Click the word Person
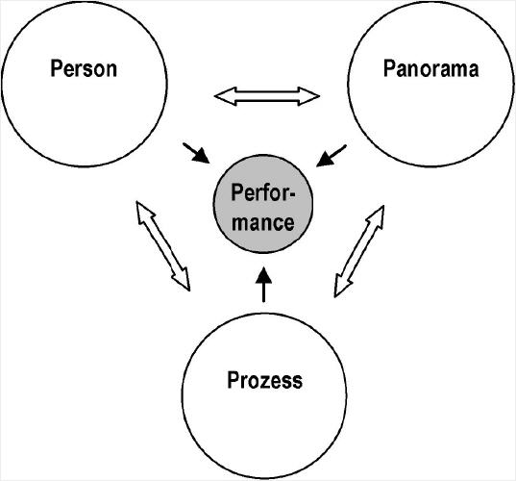click(x=84, y=68)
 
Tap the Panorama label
click(x=430, y=69)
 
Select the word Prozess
click(x=264, y=380)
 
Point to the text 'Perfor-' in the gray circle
click(x=263, y=192)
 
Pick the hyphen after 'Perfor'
click(x=292, y=194)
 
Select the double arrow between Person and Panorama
click(x=267, y=96)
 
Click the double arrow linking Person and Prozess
click(x=163, y=245)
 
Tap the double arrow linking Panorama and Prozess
click(x=359, y=251)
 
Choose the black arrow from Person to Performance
click(x=196, y=153)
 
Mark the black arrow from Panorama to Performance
click(x=332, y=156)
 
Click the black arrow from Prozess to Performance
click(x=263, y=285)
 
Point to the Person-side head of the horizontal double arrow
click(x=226, y=96)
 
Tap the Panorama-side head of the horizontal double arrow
click(x=308, y=96)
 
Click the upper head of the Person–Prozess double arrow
click(x=143, y=212)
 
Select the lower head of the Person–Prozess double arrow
click(x=183, y=279)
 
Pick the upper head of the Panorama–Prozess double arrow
click(x=376, y=217)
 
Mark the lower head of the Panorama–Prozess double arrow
click(x=342, y=286)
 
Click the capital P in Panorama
click(x=389, y=68)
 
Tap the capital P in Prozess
click(x=233, y=380)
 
